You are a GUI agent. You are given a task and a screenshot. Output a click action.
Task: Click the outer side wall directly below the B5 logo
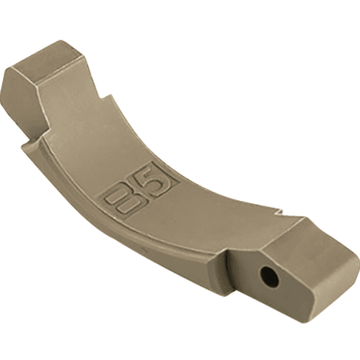pos(135,236)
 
